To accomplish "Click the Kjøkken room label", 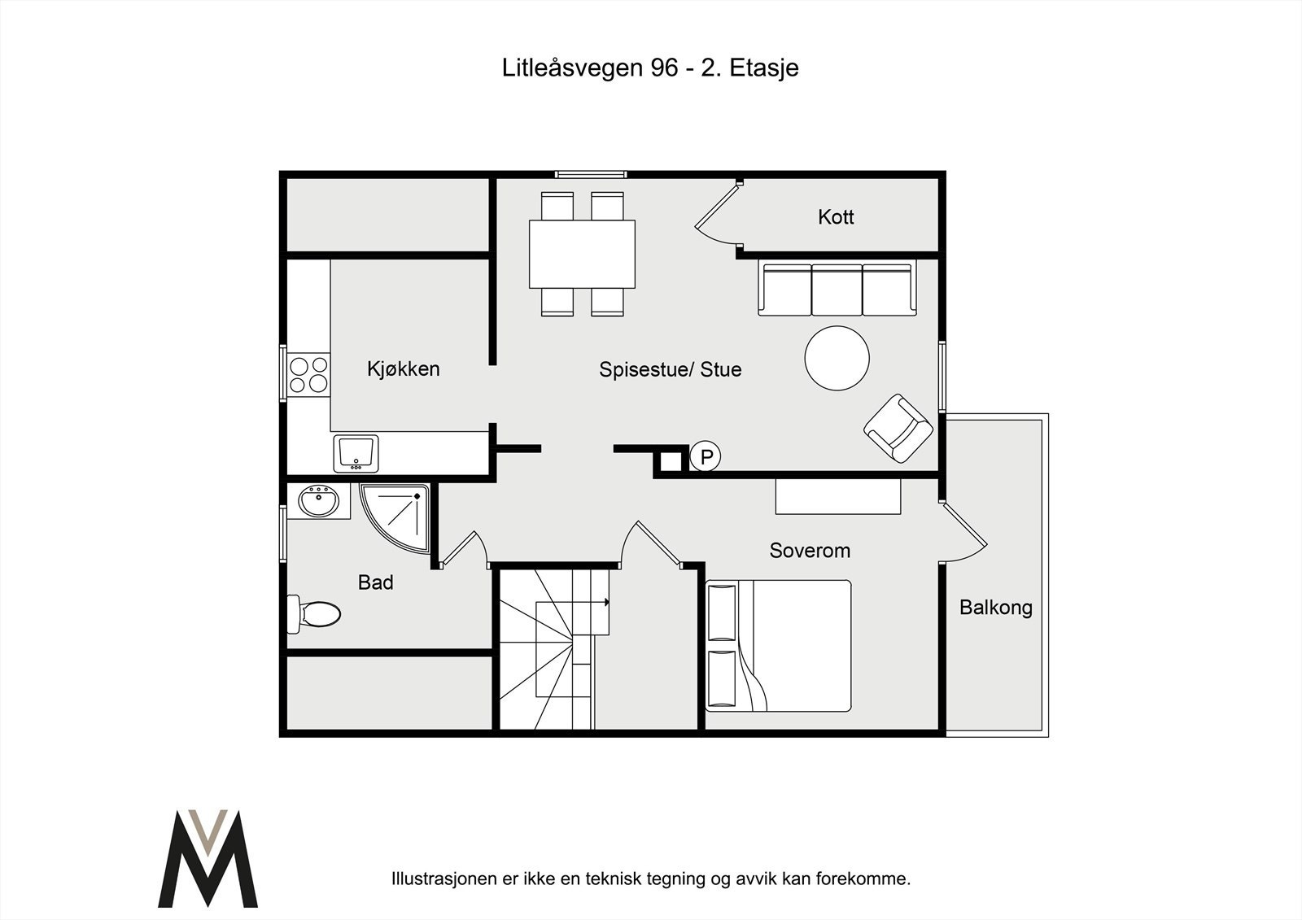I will coord(403,368).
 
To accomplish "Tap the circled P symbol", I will coord(706,457).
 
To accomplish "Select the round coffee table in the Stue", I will coord(837,358).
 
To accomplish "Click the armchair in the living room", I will coord(898,429).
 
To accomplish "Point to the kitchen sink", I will coord(356,453).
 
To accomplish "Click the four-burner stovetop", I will coord(308,374).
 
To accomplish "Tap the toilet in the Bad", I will coord(316,613).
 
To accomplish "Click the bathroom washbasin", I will coord(318,501).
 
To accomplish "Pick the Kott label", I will coord(836,217).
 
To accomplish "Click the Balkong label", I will coord(995,608).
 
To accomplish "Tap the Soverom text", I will coord(810,551).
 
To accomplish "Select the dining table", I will coord(582,253).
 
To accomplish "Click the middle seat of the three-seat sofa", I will coord(837,290).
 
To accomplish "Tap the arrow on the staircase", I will coord(606,603).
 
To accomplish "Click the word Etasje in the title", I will coord(763,68).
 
